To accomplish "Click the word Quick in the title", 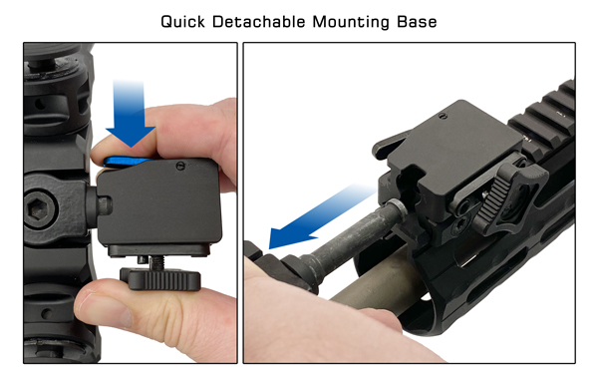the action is point(182,22).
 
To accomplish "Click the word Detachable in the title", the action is point(259,21).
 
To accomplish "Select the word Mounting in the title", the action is point(351,22).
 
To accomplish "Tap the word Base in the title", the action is point(417,21).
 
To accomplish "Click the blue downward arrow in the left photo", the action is point(130,114).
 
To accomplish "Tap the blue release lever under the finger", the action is point(126,162).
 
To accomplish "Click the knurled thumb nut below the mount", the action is point(160,279).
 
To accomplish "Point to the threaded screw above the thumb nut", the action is point(157,261).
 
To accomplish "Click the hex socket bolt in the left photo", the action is point(39,206).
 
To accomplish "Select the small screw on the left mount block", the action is point(180,166).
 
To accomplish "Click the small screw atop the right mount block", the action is point(443,117).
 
